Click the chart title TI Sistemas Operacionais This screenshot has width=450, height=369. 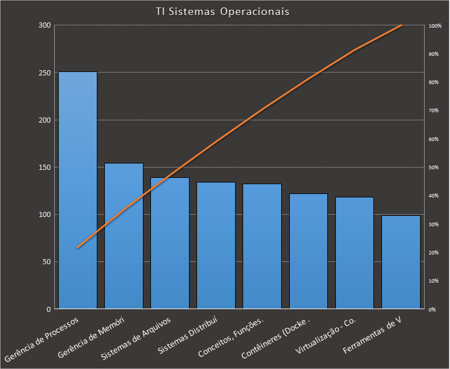pos(222,12)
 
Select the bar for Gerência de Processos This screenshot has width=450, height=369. pos(78,190)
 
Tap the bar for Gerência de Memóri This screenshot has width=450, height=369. pos(124,236)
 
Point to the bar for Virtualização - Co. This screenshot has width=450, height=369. pos(354,253)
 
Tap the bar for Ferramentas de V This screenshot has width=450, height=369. pos(401,262)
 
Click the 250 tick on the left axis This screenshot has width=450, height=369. pos(44,73)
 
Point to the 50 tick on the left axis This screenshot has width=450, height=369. pos(46,262)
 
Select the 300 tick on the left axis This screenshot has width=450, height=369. pos(44,26)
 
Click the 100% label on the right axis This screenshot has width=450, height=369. pos(435,26)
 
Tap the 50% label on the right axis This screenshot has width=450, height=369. pos(434,168)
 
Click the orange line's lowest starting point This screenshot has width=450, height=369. pos(78,248)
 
